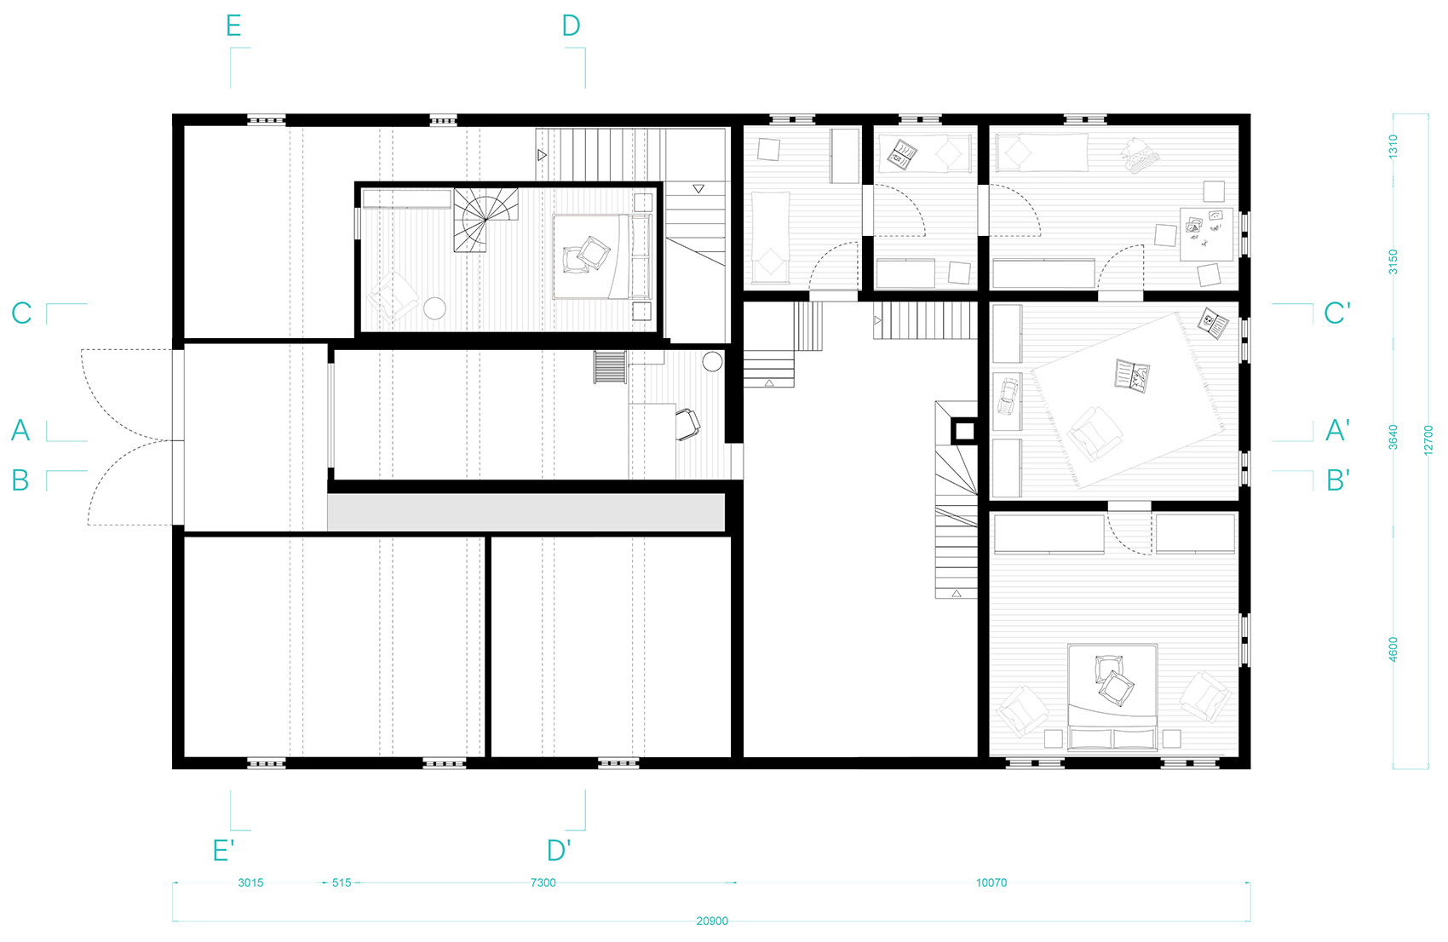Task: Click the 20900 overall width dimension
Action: click(712, 921)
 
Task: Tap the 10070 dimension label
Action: click(991, 882)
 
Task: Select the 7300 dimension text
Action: click(543, 882)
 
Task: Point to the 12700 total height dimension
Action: click(1428, 440)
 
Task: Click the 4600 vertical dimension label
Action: click(1393, 649)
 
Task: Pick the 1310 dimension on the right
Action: click(1393, 146)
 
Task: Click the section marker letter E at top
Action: click(233, 26)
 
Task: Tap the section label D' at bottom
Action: click(559, 851)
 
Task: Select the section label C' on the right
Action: click(1337, 313)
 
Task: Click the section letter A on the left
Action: click(20, 430)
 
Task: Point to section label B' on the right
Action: click(1337, 480)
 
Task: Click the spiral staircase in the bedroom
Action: click(486, 219)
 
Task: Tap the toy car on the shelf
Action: click(1007, 396)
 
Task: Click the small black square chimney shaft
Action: click(964, 431)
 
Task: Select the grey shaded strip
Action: click(526, 513)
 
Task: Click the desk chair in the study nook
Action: click(688, 424)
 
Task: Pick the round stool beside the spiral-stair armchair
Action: click(435, 307)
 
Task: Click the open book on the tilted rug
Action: click(1132, 376)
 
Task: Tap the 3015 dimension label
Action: click(250, 882)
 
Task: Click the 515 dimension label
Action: click(342, 882)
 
